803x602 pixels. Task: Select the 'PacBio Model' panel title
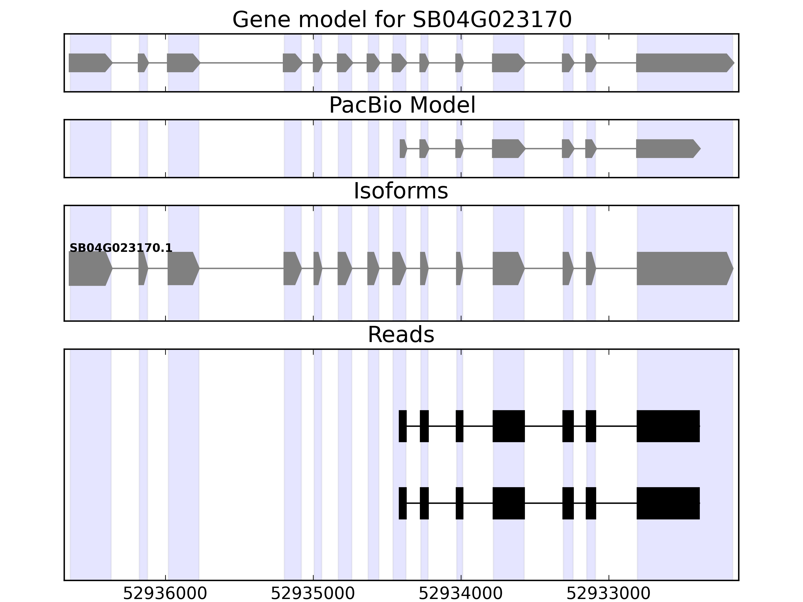click(402, 105)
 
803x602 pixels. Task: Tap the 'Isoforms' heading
click(401, 191)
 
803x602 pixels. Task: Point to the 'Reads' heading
click(401, 335)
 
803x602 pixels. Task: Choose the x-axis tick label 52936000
click(165, 594)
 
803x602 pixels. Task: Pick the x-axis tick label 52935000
click(313, 594)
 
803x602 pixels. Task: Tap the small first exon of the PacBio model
click(403, 148)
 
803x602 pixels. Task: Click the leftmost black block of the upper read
click(403, 426)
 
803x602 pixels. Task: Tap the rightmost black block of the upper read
click(668, 426)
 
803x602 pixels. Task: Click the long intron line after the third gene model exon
click(241, 63)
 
